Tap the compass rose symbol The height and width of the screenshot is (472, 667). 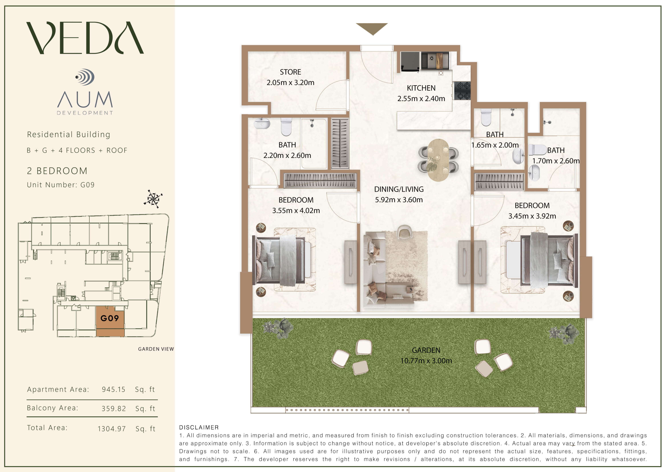[x=153, y=199]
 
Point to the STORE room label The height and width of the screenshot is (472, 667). [x=290, y=72]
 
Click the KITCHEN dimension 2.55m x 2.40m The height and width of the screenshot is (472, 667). [x=421, y=99]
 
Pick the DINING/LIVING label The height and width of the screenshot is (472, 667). [x=399, y=189]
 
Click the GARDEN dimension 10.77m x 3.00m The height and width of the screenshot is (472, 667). [x=426, y=361]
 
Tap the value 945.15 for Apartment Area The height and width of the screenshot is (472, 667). [x=113, y=389]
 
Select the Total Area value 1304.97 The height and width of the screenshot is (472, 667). [x=111, y=429]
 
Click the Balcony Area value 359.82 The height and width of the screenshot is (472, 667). [x=114, y=409]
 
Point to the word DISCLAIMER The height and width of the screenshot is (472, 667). [x=199, y=427]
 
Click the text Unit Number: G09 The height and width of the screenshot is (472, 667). [x=61, y=185]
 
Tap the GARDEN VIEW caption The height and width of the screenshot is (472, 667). [x=156, y=349]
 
